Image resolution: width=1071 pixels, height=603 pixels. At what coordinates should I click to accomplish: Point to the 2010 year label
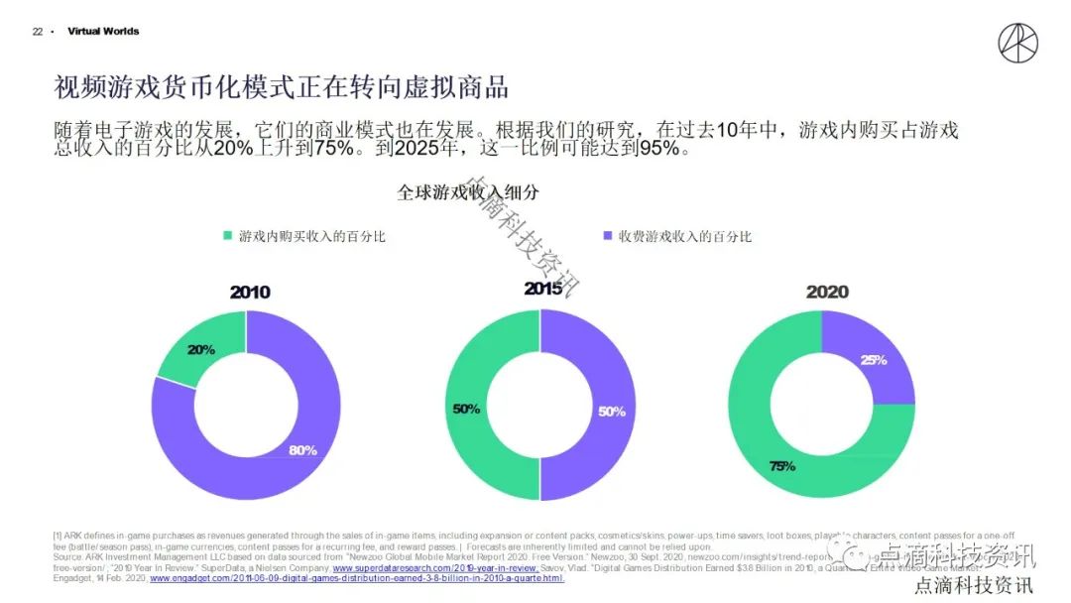click(x=250, y=292)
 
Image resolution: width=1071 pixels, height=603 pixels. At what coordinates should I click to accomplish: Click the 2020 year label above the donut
click(x=827, y=292)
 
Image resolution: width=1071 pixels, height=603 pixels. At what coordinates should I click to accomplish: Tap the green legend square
click(x=227, y=236)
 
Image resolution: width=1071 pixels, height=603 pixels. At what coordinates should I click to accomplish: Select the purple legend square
click(x=607, y=236)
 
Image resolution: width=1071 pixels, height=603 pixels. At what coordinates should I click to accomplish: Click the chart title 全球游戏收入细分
click(x=468, y=192)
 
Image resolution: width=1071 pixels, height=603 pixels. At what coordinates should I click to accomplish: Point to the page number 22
click(x=38, y=32)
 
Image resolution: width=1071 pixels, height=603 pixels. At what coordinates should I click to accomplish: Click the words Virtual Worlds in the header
click(x=103, y=32)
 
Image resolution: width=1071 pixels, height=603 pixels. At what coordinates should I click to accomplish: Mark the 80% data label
click(x=302, y=450)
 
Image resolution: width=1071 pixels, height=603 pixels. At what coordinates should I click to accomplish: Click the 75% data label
click(x=781, y=465)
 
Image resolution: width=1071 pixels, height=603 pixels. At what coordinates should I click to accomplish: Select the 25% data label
click(x=874, y=360)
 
